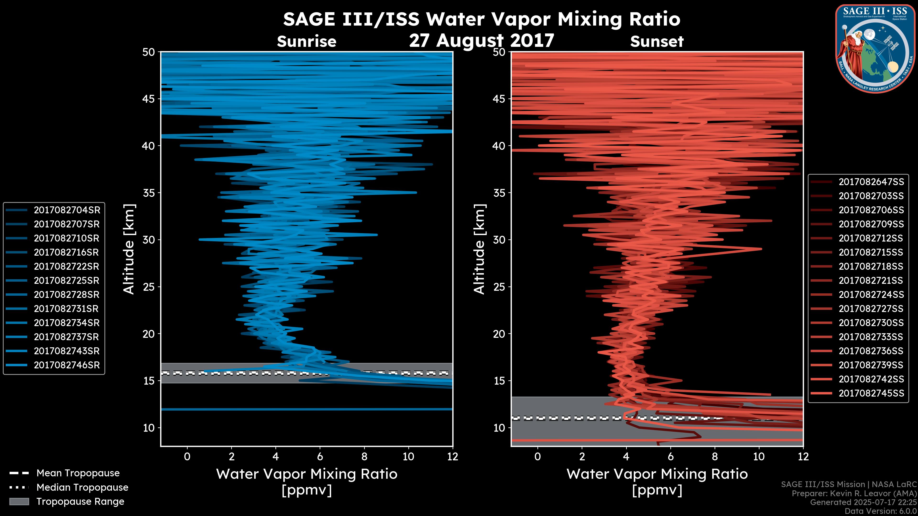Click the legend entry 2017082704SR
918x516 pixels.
point(67,210)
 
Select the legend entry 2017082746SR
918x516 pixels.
point(67,365)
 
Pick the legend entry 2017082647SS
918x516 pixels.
point(871,182)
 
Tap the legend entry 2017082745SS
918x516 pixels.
point(871,393)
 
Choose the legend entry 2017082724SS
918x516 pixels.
point(871,295)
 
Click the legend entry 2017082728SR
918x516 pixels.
point(67,295)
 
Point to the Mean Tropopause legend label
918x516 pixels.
point(78,473)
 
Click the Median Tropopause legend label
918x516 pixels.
point(82,488)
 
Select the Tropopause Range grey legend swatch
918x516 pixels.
point(19,501)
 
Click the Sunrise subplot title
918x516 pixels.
point(306,42)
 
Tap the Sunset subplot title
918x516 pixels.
point(657,42)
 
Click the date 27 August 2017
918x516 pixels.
point(481,41)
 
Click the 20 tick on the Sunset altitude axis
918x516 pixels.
point(499,334)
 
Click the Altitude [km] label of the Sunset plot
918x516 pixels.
point(479,249)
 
